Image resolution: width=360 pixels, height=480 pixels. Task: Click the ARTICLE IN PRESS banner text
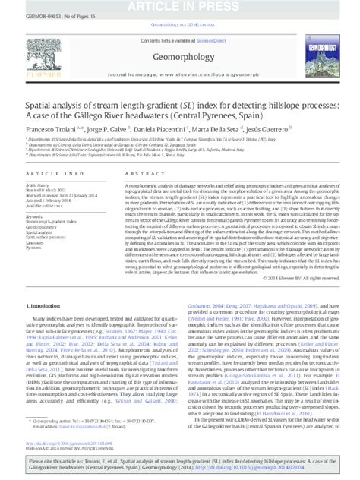click(180, 5)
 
